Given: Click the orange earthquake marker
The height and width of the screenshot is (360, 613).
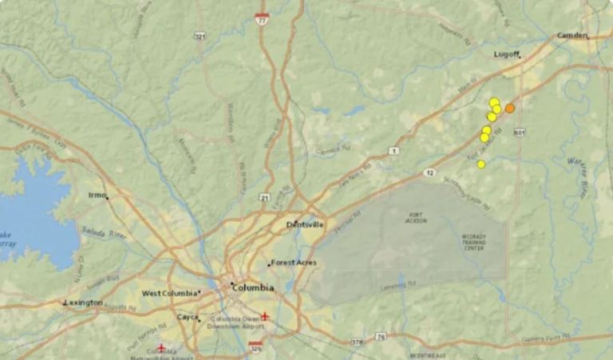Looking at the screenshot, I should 510,108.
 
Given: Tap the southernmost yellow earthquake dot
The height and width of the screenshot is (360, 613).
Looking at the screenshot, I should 481,164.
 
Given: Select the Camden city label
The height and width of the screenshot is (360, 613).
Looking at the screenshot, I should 571,36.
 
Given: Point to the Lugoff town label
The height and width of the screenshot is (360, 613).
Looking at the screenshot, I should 506,55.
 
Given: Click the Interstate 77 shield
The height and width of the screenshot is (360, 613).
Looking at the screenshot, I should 262,17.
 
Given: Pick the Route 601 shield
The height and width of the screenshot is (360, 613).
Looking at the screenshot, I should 520,132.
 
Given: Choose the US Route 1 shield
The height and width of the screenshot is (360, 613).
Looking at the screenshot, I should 394,151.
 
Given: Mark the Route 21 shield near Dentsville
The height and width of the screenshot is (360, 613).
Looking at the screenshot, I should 264,196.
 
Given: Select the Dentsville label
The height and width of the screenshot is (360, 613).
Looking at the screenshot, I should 306,225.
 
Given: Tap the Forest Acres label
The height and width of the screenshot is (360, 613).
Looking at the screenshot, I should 295,263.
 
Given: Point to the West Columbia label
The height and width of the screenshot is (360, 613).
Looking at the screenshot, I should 170,293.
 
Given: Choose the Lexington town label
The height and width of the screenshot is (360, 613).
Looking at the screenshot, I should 85,303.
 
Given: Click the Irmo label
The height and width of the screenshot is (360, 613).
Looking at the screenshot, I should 97,195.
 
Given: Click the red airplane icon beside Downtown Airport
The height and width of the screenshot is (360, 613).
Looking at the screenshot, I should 265,315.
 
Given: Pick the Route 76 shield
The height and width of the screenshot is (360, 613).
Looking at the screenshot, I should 382,336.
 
